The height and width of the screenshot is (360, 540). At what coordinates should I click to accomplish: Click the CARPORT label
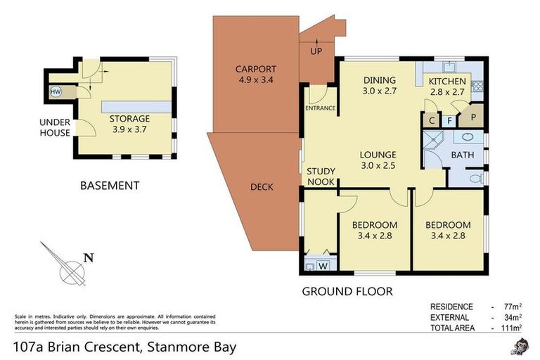point(255,69)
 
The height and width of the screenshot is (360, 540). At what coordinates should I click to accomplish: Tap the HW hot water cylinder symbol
point(56,91)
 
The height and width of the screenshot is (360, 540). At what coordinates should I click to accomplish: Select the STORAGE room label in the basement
point(129,119)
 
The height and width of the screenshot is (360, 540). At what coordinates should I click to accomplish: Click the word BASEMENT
point(110,186)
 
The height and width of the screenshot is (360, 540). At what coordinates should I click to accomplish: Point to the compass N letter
point(88,257)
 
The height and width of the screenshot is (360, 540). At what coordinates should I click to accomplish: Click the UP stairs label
point(317,52)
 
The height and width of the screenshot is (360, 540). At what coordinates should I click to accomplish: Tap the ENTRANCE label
point(320,108)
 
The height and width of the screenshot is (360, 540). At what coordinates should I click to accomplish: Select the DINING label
point(379,80)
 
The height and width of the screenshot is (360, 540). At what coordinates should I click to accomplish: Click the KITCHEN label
point(448,82)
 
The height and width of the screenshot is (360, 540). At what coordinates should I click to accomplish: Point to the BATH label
point(462,155)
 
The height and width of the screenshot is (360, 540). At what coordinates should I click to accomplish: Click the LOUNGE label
point(378,155)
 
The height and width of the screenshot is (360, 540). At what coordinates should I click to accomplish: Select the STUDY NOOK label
point(321,176)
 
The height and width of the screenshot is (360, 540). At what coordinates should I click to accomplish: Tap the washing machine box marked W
point(323,266)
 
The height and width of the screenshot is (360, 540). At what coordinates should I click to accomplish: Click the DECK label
point(262,187)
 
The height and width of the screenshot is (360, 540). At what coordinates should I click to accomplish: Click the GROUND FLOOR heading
point(347,291)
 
